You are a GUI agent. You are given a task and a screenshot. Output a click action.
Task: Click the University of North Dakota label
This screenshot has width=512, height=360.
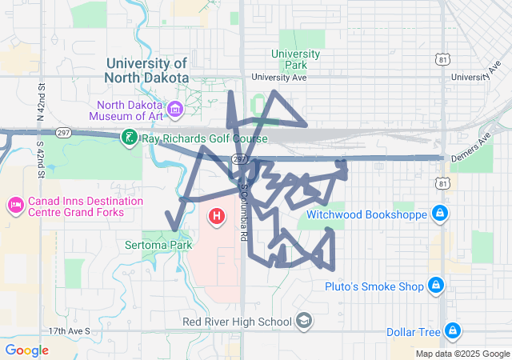(x=146, y=70)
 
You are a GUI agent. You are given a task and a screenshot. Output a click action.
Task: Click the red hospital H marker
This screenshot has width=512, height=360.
(x=217, y=216)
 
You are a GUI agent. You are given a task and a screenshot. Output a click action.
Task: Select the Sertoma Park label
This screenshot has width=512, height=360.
(x=158, y=244)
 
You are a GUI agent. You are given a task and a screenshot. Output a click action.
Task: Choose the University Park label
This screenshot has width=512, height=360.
(x=295, y=59)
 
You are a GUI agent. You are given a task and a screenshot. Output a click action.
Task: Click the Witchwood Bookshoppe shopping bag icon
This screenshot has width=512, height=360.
(x=438, y=214)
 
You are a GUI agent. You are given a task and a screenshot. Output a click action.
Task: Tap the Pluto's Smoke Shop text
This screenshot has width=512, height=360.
(x=374, y=286)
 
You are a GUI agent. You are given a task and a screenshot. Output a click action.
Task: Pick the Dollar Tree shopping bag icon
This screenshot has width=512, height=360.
(x=453, y=330)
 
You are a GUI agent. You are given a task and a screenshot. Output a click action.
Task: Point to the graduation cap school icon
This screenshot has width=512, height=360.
(x=304, y=321)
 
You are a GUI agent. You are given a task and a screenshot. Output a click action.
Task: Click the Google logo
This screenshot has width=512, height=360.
(x=26, y=350)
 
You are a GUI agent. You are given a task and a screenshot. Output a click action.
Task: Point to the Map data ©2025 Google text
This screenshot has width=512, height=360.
(x=462, y=354)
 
